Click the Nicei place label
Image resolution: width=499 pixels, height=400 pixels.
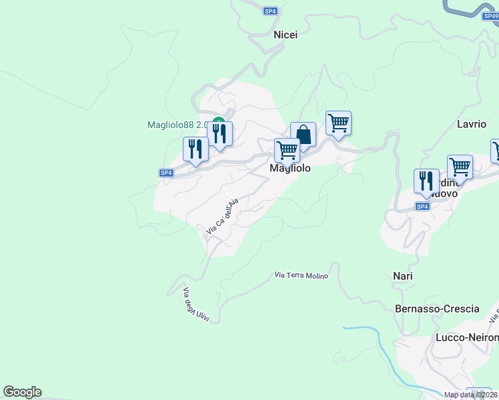click(x=286, y=35)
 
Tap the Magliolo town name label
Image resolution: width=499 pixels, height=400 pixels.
click(x=290, y=169)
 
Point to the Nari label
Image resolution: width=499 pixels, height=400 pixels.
click(x=402, y=276)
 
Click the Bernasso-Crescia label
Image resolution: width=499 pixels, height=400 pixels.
click(x=437, y=309)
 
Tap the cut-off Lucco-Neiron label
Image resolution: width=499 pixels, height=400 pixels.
click(x=466, y=337)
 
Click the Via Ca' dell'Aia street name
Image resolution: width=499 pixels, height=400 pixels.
click(x=222, y=217)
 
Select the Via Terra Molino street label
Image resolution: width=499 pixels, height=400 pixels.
click(x=302, y=275)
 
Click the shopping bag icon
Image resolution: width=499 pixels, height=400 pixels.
click(x=303, y=134)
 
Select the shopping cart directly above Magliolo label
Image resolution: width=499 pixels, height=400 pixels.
click(x=287, y=150)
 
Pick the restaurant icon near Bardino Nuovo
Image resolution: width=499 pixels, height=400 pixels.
click(x=426, y=181)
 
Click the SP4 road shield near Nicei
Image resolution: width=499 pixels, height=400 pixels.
click(x=270, y=11)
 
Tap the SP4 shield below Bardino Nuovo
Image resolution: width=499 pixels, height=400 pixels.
click(x=422, y=207)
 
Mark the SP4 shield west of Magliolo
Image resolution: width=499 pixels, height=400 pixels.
click(x=167, y=173)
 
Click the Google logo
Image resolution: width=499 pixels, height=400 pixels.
click(x=22, y=392)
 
